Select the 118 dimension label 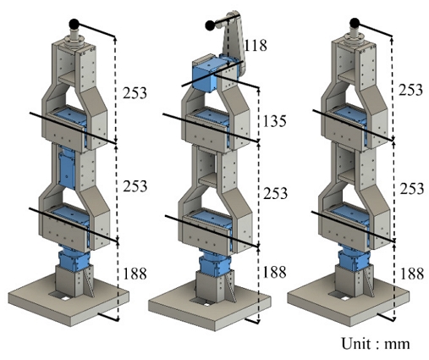click(256, 44)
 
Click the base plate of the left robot click(68, 296)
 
